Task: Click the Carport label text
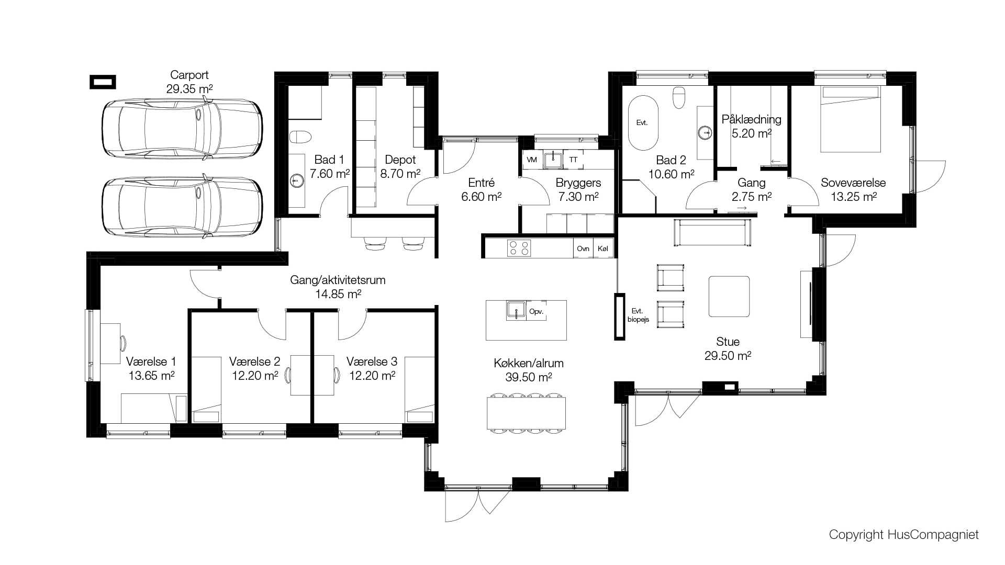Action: pos(189,75)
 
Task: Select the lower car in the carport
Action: pos(182,207)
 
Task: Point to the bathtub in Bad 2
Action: pos(643,123)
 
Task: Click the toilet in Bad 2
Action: pos(679,97)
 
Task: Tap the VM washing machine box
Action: pos(532,160)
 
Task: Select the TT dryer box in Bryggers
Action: pos(573,160)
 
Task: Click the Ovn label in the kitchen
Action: pos(583,249)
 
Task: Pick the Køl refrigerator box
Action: pos(603,249)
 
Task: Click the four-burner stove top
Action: pos(519,248)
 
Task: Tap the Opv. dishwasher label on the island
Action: pos(537,311)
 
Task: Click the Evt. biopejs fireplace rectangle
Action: pos(620,317)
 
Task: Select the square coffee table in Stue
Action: pos(729,297)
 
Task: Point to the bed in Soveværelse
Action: pos(851,119)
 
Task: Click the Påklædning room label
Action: pos(752,119)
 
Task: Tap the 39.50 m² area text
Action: pos(529,377)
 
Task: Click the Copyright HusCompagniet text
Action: pos(904,535)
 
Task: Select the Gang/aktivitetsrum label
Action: pos(338,280)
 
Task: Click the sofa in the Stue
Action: pos(712,233)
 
